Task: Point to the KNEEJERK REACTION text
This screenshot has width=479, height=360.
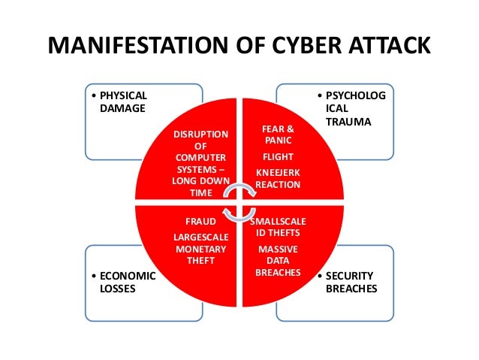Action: pos(278,179)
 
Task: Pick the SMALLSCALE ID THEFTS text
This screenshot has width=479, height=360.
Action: pos(278,228)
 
